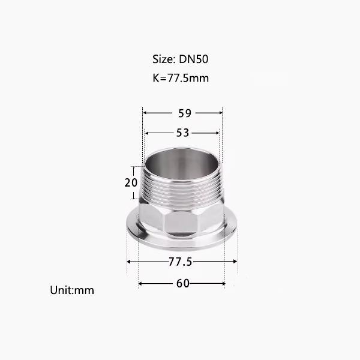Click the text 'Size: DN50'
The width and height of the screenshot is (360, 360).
point(181,59)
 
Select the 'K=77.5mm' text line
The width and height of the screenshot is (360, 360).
point(181,78)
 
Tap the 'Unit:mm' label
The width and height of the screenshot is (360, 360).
point(72,290)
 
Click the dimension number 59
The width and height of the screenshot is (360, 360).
point(185,113)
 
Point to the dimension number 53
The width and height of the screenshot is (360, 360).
point(182,133)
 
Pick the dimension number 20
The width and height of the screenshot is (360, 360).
point(131,183)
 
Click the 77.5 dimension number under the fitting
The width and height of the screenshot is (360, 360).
point(180,262)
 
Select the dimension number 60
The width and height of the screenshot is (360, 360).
point(183,284)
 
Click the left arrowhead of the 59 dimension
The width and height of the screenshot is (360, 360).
point(145,113)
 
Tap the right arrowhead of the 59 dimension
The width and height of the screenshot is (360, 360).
point(220,113)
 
